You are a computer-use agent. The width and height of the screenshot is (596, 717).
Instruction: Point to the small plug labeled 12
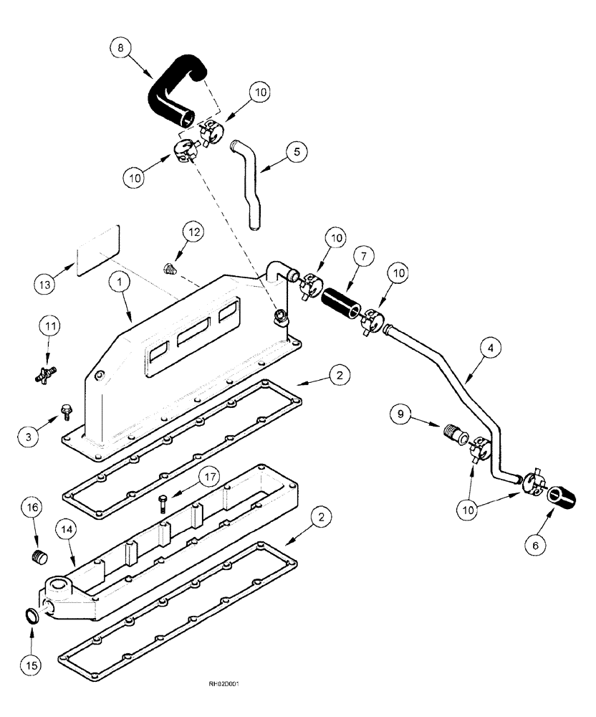click(170, 270)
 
